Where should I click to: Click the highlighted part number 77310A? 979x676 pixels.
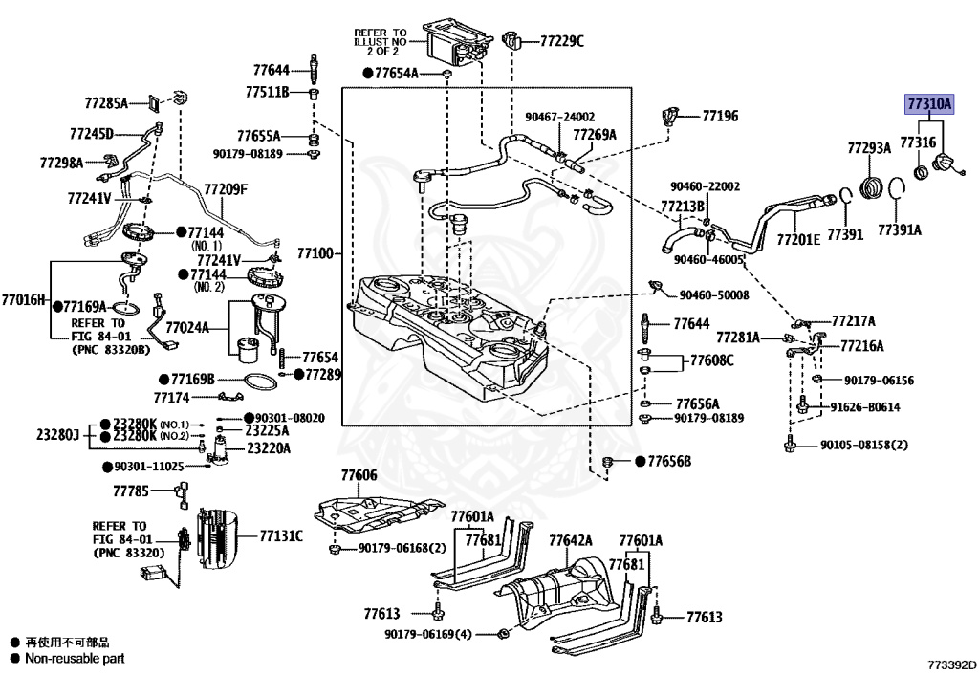pyautogui.click(x=929, y=104)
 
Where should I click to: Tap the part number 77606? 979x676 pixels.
pyautogui.click(x=359, y=475)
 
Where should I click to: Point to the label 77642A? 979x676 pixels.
pyautogui.click(x=571, y=540)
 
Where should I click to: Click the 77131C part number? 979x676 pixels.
pyautogui.click(x=281, y=535)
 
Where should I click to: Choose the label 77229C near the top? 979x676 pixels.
pyautogui.click(x=561, y=41)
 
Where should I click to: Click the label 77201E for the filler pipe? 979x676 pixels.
pyautogui.click(x=798, y=239)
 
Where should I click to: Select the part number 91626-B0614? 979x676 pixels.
pyautogui.click(x=863, y=406)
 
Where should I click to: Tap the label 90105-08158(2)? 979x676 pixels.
pyautogui.click(x=863, y=445)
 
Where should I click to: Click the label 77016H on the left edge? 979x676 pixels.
pyautogui.click(x=23, y=299)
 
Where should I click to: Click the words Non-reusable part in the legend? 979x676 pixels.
pyautogui.click(x=74, y=659)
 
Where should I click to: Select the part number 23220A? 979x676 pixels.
pyautogui.click(x=269, y=447)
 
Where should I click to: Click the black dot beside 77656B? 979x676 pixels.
pyautogui.click(x=637, y=462)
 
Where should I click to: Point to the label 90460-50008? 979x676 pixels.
pyautogui.click(x=714, y=296)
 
